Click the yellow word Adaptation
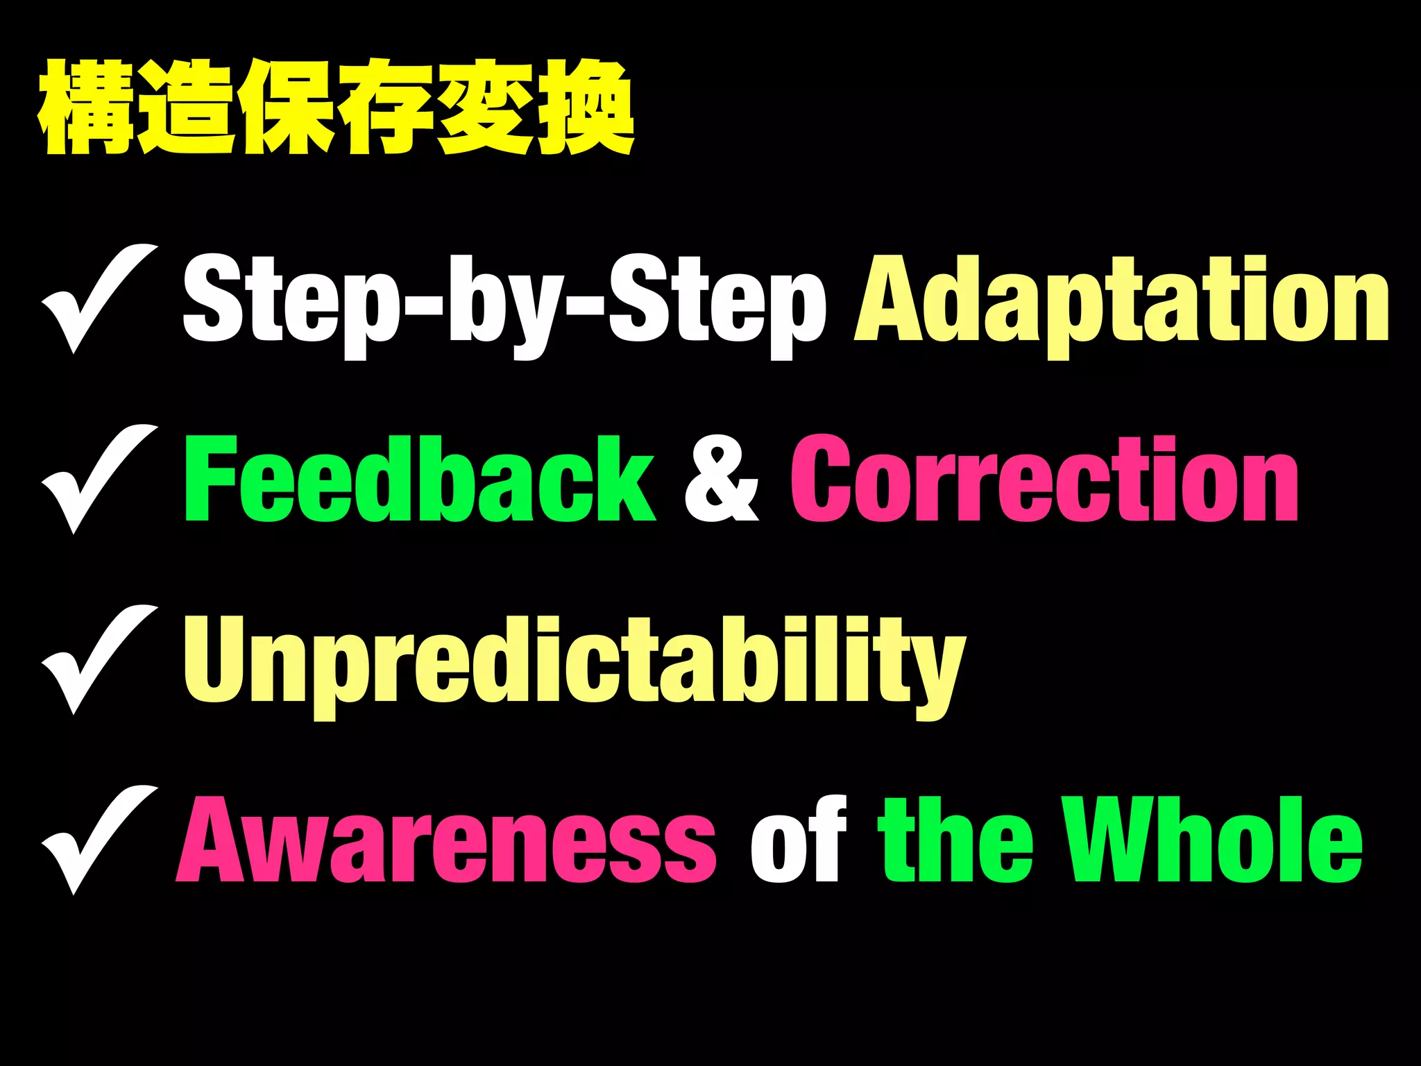coord(1121,300)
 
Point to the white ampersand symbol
coord(722,480)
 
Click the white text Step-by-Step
coord(504,301)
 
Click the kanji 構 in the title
coord(87,108)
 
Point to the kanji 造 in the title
coord(186,108)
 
